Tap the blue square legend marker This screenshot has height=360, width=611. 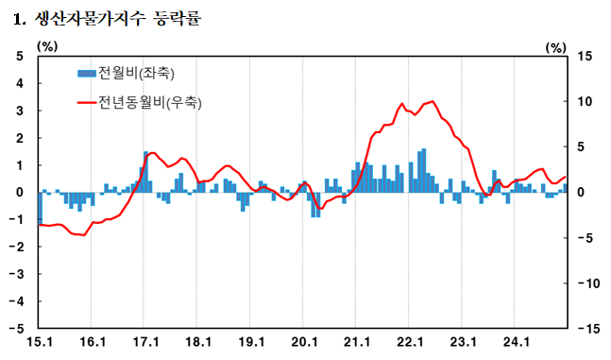point(86,73)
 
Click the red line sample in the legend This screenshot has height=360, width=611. point(86,101)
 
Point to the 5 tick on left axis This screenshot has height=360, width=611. point(20,56)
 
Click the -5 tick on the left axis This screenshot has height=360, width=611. point(18,329)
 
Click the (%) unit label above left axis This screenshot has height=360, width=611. point(47,44)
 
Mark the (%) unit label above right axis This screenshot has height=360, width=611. point(556,44)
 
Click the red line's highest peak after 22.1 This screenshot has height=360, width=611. point(433,100)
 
